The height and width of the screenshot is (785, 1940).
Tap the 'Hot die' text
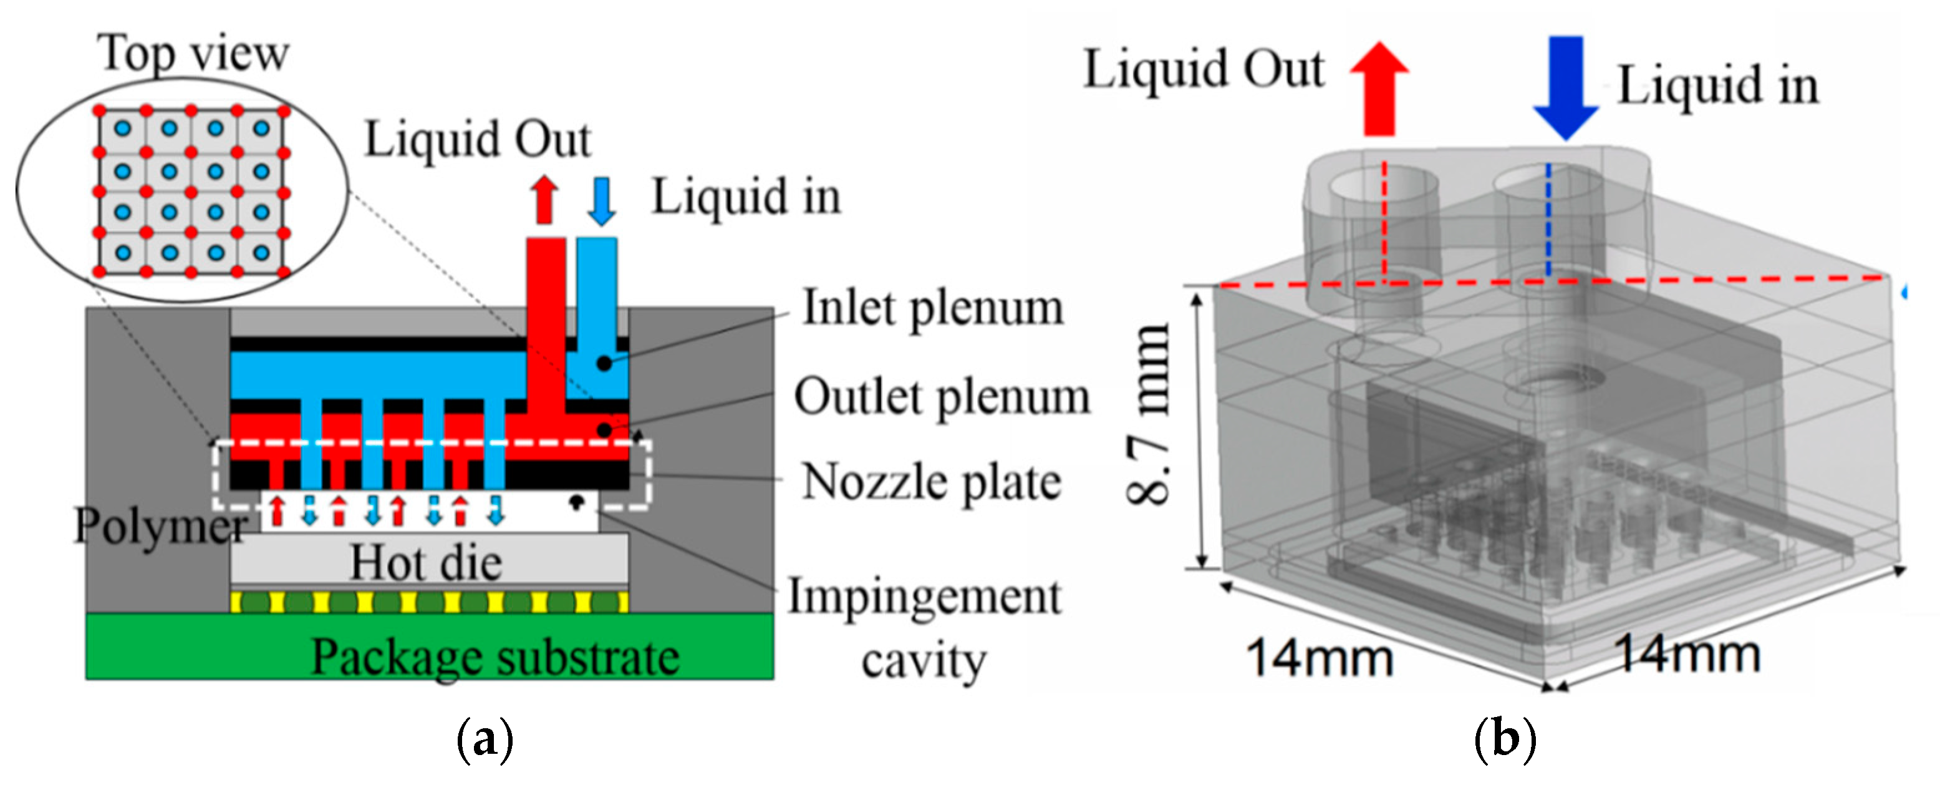tap(427, 563)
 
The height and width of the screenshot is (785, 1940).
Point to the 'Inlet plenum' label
tap(932, 308)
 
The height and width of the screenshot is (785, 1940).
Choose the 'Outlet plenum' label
tap(942, 396)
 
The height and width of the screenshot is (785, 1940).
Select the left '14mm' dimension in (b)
tap(1320, 658)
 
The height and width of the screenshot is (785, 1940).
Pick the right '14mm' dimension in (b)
tap(1687, 653)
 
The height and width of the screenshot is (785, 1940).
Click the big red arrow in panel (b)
tap(1379, 89)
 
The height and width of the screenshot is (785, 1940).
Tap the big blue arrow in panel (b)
tap(1566, 87)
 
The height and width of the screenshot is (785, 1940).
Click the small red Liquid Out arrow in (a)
tap(544, 200)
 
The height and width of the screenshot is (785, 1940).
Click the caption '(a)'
tap(485, 741)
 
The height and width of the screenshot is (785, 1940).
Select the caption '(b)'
tap(1505, 741)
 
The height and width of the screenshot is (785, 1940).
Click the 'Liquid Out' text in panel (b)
tap(1203, 70)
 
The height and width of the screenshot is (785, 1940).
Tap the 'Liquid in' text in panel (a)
tap(746, 197)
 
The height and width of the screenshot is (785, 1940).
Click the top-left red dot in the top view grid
tap(99, 110)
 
